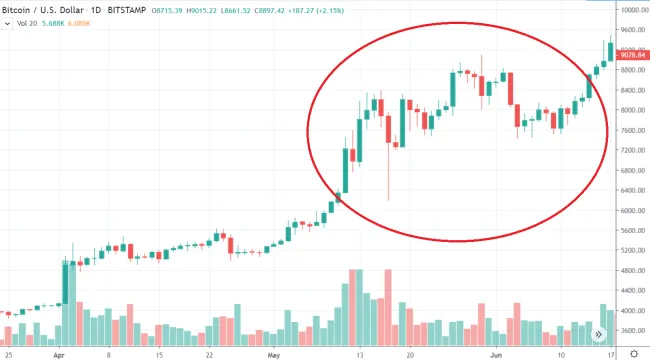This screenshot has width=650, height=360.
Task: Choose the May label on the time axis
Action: [x=274, y=354]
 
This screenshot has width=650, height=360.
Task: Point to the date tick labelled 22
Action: [x=209, y=354]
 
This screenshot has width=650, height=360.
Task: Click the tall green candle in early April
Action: [x=66, y=270]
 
